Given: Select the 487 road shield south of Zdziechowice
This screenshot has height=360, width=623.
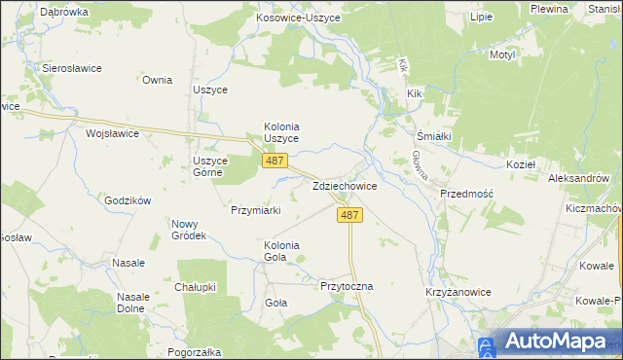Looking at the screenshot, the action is pos(351,215).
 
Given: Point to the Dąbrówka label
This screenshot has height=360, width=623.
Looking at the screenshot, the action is pos(65,12).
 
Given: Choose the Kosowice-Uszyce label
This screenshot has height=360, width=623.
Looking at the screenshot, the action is pos(297,18).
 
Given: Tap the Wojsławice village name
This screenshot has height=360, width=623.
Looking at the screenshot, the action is pos(112,132).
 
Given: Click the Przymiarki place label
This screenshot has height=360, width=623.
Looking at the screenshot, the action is pos(256,209).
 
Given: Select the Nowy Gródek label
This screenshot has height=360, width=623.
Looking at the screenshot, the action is pos(188,230).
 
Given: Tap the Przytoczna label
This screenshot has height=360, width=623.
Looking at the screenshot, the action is pos(347,287).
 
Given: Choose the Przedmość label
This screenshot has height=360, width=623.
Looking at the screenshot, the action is pos(467,194).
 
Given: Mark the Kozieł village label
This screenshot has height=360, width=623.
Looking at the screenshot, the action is pos(521,165).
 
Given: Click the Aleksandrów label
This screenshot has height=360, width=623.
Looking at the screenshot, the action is pos(578,179).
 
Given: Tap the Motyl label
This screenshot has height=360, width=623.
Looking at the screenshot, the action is pos(502,55).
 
